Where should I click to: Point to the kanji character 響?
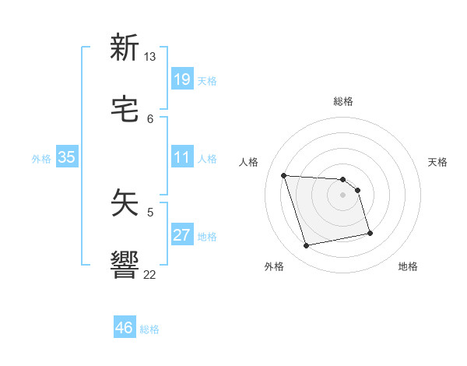click(x=125, y=265)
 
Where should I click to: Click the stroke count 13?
click(x=149, y=57)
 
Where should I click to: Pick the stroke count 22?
click(x=149, y=274)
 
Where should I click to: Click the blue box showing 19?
click(x=181, y=79)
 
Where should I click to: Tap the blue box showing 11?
click(x=181, y=157)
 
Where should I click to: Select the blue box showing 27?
click(x=181, y=235)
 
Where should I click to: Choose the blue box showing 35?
click(x=66, y=157)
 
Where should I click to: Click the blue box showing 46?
click(x=125, y=328)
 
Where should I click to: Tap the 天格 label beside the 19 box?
click(x=207, y=81)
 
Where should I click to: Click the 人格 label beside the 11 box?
click(x=207, y=159)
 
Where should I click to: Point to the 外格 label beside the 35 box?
click(x=41, y=159)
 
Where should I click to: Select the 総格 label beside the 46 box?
click(x=149, y=329)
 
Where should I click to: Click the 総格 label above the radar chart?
click(x=343, y=101)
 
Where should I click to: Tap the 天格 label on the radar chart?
click(x=437, y=162)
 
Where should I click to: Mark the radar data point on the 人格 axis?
click(x=284, y=175)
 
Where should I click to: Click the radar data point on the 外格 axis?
click(x=307, y=246)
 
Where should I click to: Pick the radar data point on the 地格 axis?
click(x=370, y=233)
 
